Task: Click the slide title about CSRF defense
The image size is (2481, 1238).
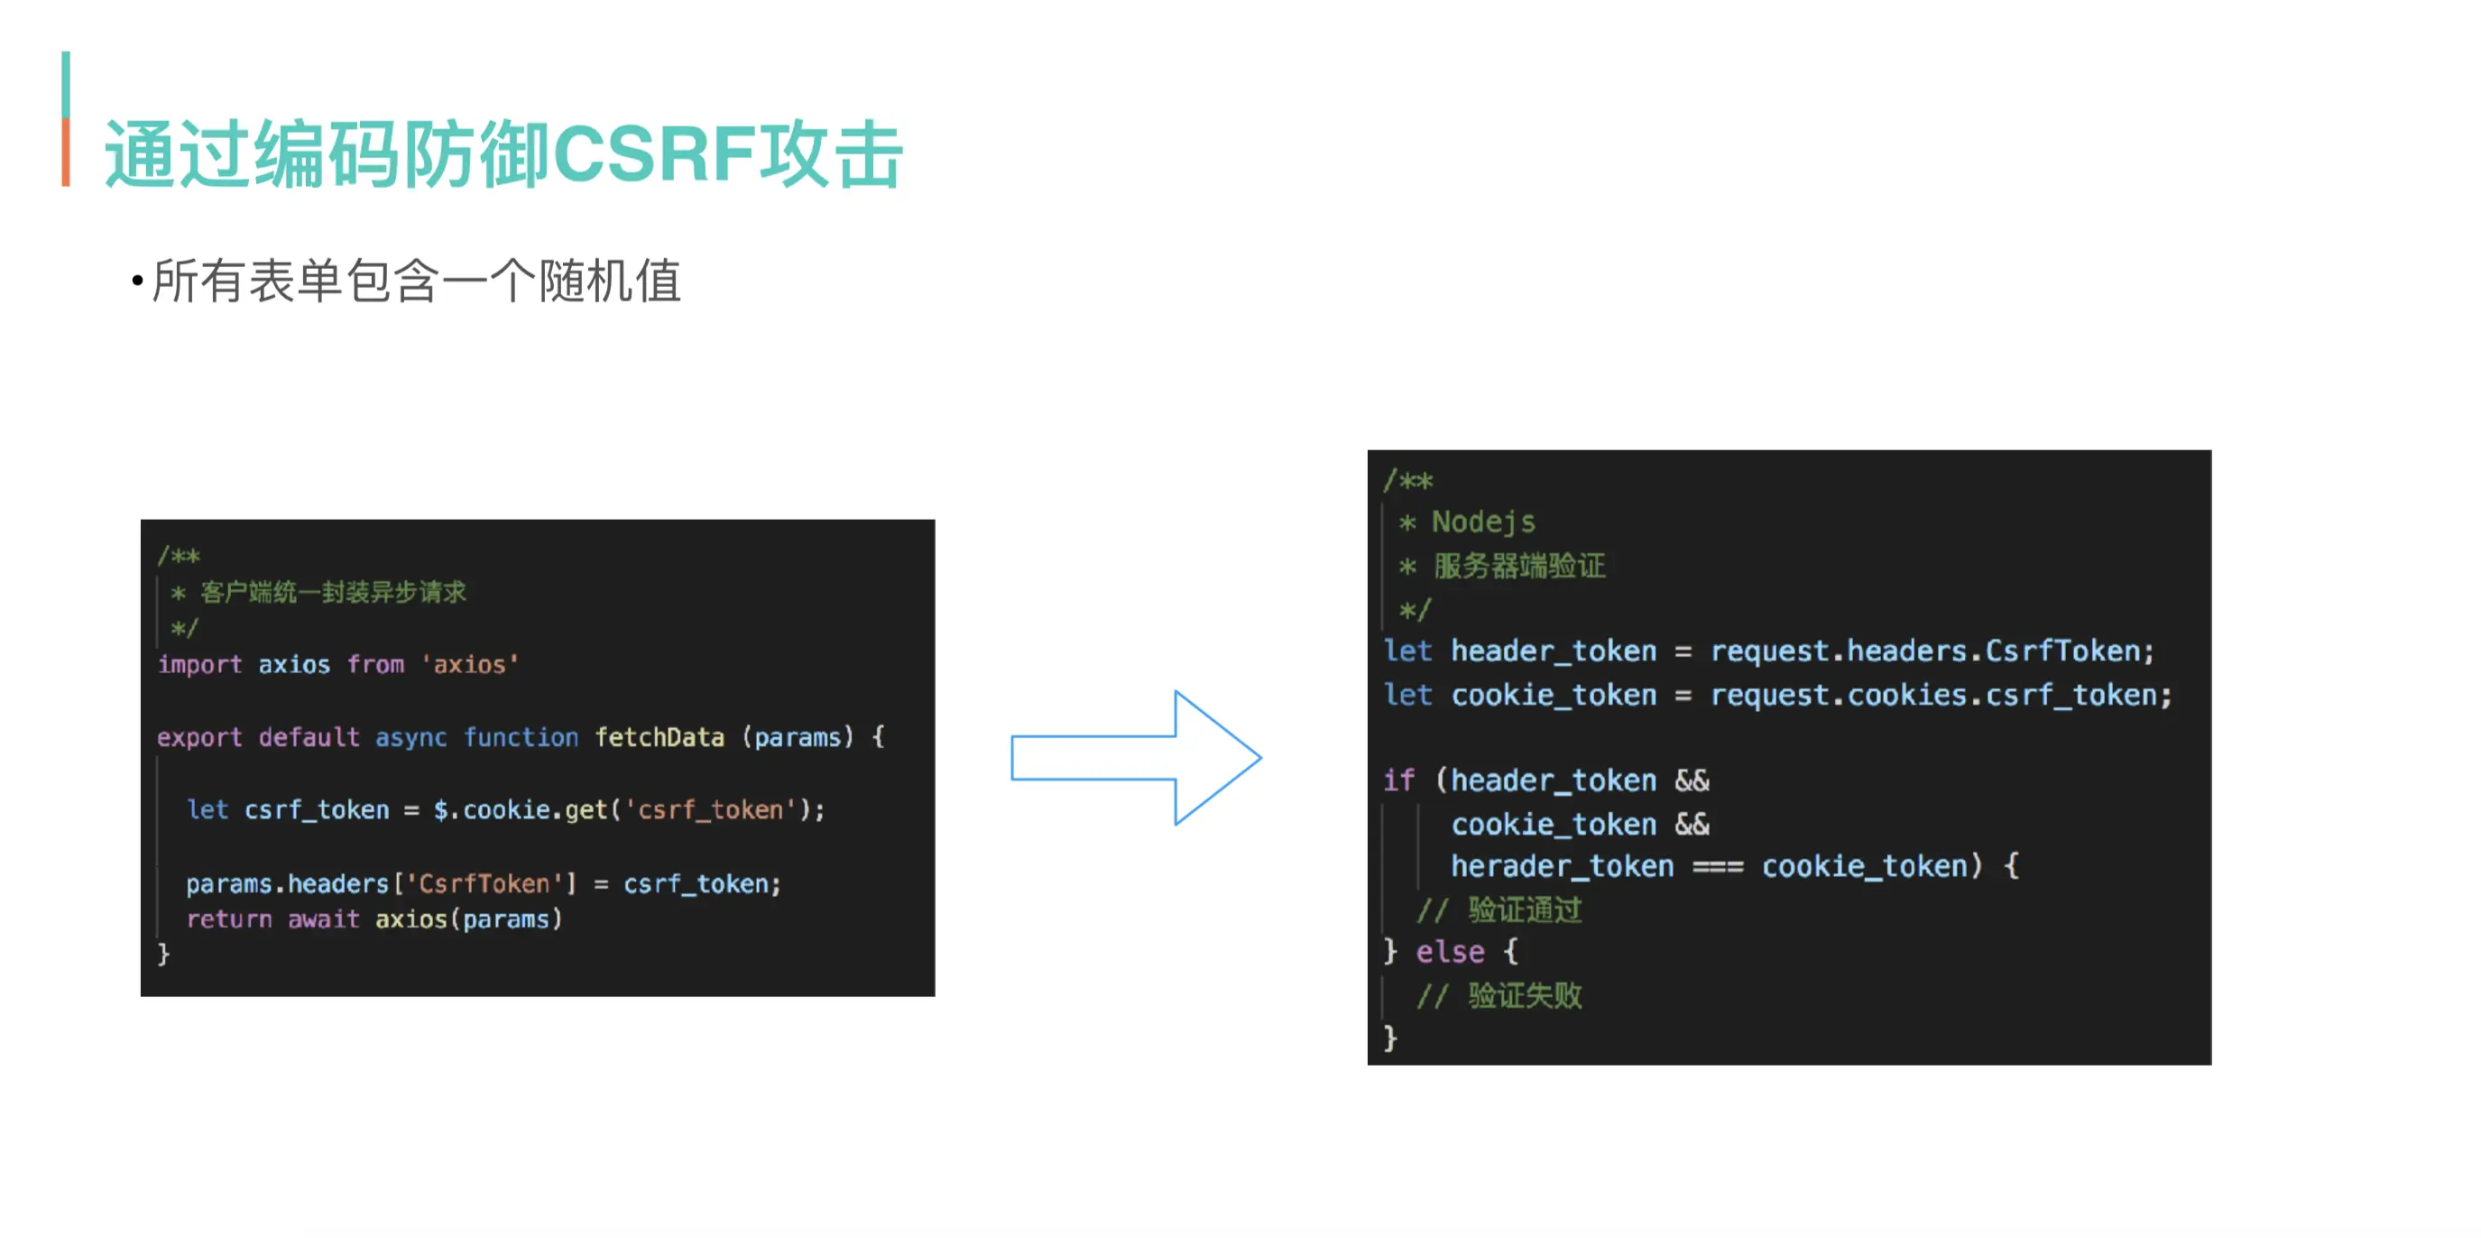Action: tap(503, 154)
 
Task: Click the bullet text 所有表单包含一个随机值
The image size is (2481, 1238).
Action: tap(416, 282)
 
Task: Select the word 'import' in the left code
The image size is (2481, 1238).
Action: tap(199, 664)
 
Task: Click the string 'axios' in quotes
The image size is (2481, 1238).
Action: tap(469, 664)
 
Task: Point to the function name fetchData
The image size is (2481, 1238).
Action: tap(659, 737)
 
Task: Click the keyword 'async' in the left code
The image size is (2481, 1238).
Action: tap(410, 737)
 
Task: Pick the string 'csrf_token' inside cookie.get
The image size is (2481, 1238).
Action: tap(710, 809)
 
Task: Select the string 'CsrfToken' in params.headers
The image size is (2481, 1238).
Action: tap(484, 882)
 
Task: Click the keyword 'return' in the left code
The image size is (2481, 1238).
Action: tap(229, 919)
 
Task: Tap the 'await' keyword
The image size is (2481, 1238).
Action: tap(324, 919)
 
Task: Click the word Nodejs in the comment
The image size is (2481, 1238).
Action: tap(1483, 522)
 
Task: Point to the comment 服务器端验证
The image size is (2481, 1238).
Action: tap(1519, 566)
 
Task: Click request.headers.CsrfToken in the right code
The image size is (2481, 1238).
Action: tap(1931, 651)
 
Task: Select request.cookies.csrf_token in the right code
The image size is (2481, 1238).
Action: tap(1940, 695)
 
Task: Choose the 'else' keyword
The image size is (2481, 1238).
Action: tap(1450, 952)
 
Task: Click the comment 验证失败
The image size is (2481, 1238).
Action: tap(1524, 995)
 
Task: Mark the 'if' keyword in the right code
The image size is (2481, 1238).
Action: tap(1398, 780)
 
